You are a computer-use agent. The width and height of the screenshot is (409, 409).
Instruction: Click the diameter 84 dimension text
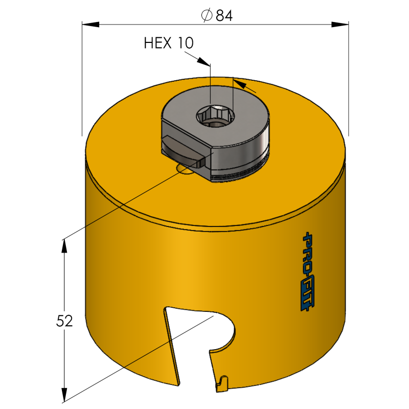pyautogui.click(x=217, y=15)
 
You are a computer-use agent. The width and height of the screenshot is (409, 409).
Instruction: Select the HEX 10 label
pyautogui.click(x=169, y=43)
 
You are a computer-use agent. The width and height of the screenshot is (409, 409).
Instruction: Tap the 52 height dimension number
pyautogui.click(x=64, y=321)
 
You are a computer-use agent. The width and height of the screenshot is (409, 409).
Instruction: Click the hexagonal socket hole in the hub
pyautogui.click(x=215, y=116)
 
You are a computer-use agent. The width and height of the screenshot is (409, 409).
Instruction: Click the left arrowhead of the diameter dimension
pyautogui.click(x=90, y=25)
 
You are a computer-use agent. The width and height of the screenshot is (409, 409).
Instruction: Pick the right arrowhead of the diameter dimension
pyautogui.click(x=340, y=25)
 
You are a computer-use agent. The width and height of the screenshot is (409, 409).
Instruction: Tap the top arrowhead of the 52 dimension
pyautogui.click(x=64, y=246)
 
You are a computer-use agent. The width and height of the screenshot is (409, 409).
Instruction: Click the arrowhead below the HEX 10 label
pyautogui.click(x=204, y=61)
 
